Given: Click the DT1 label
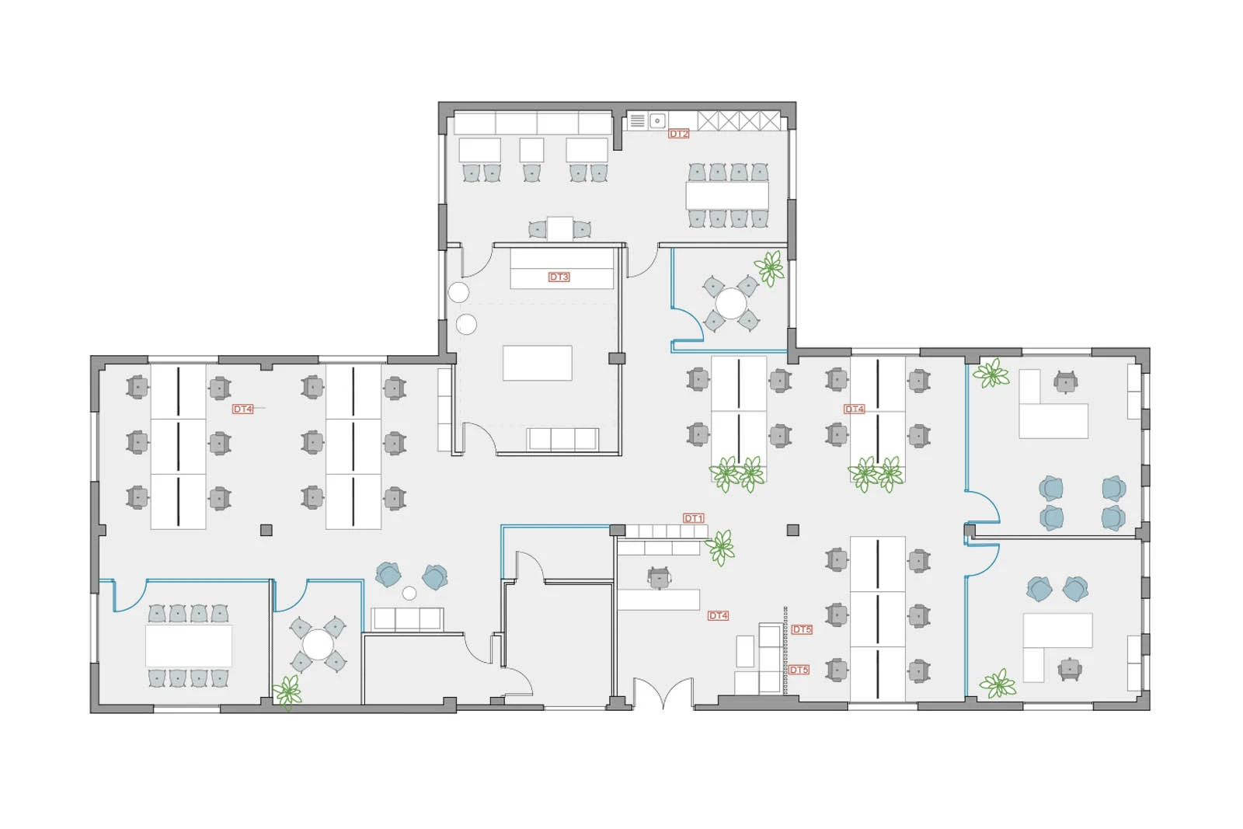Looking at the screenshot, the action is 694,518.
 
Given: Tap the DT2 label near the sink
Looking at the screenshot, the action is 679,134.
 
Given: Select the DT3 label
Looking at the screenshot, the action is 559,277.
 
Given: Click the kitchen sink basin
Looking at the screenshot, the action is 657,120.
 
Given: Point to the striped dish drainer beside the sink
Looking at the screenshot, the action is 638,120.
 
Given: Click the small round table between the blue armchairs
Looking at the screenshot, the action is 409,593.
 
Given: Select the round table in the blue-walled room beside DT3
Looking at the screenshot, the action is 731,304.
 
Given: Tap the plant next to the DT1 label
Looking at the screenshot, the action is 721,548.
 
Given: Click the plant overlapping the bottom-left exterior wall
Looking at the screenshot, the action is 287,692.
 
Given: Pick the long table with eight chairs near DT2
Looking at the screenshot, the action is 727,195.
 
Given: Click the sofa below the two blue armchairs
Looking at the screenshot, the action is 407,618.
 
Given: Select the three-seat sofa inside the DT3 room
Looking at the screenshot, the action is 562,439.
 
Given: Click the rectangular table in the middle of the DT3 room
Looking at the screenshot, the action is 537,363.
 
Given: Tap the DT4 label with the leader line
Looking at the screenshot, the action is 242,409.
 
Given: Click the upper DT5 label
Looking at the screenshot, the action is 802,629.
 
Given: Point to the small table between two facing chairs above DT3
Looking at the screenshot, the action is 559,228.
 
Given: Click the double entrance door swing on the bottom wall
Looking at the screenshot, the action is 663,694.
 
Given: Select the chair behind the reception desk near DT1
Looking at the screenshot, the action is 659,577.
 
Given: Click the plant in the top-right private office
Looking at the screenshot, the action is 991,374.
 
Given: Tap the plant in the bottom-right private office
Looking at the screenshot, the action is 998,684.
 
